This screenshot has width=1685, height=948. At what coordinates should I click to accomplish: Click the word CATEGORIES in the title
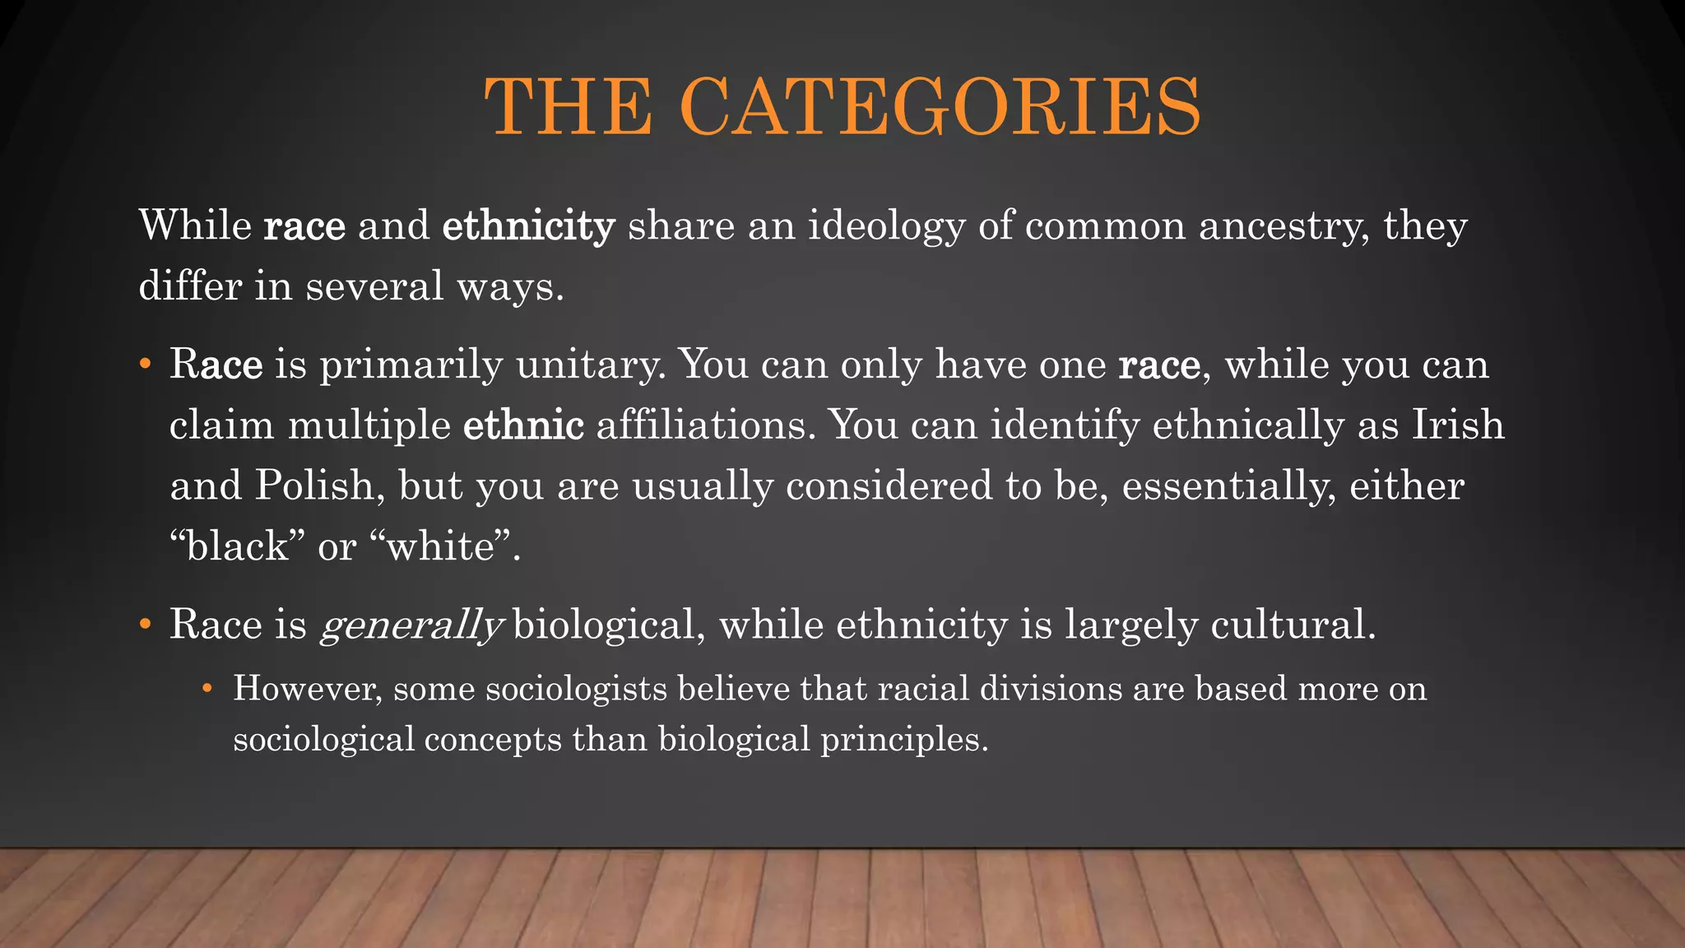click(940, 107)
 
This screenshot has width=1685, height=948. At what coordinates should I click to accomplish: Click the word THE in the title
click(569, 107)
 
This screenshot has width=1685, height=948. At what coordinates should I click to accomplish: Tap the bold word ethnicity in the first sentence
click(528, 225)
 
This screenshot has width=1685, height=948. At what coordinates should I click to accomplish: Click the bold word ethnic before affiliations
click(523, 425)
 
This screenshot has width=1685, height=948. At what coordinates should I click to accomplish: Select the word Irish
click(1458, 425)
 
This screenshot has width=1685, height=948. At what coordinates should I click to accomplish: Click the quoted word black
click(238, 546)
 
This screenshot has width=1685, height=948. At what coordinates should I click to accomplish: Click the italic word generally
click(410, 625)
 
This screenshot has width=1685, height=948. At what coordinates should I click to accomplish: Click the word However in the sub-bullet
click(307, 689)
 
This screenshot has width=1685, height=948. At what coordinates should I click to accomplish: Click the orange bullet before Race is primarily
click(145, 364)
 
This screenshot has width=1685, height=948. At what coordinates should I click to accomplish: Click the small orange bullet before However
click(207, 688)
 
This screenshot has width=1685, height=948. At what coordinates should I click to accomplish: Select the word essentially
click(1228, 486)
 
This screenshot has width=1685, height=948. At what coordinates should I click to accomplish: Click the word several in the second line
click(375, 286)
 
